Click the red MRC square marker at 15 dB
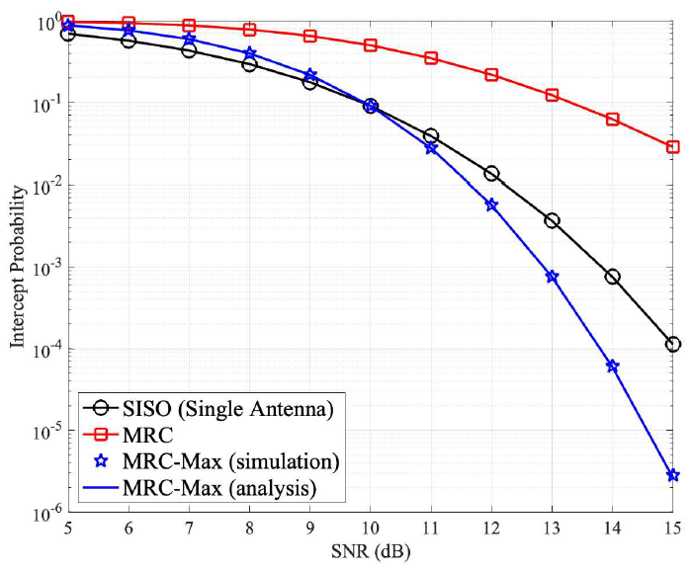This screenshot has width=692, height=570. tap(673, 147)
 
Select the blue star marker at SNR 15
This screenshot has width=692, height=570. tap(673, 475)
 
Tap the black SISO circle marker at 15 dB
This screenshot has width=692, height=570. tap(673, 344)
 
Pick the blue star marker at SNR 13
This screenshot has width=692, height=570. tap(552, 277)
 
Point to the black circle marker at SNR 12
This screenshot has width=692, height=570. tap(491, 174)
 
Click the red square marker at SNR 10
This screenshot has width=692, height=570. tap(371, 45)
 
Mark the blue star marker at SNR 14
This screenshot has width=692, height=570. tap(613, 366)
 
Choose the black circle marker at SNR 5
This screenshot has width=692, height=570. tap(67, 34)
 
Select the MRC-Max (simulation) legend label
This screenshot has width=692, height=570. tap(230, 461)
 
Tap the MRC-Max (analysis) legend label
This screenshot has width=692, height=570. tap(219, 486)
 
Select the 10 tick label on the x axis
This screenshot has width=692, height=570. tap(371, 529)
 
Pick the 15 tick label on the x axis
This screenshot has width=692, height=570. tap(673, 529)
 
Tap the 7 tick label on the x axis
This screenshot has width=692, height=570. tap(189, 529)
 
